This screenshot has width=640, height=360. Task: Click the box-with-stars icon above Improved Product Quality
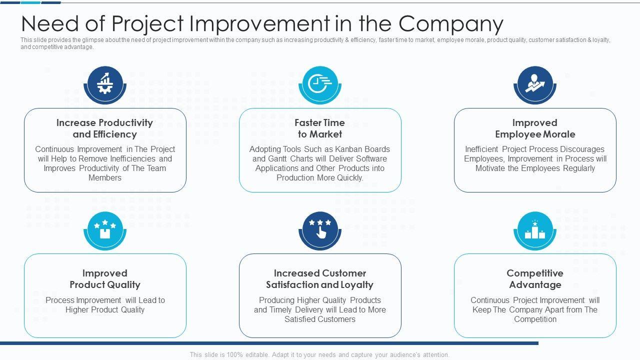point(105,230)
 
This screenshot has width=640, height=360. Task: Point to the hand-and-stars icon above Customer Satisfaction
point(320,230)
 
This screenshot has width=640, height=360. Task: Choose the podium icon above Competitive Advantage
point(535,230)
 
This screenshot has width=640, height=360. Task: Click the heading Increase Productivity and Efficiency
point(105,128)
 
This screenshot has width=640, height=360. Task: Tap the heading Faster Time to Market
point(320,128)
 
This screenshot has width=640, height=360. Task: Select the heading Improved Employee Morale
point(535,128)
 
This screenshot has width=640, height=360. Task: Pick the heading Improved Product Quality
point(105,279)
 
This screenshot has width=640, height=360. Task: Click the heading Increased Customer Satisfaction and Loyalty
point(320,279)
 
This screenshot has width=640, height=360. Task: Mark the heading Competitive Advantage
point(535,279)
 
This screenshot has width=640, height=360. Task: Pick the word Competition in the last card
point(535,319)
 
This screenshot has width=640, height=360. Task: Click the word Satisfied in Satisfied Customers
point(300,319)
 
